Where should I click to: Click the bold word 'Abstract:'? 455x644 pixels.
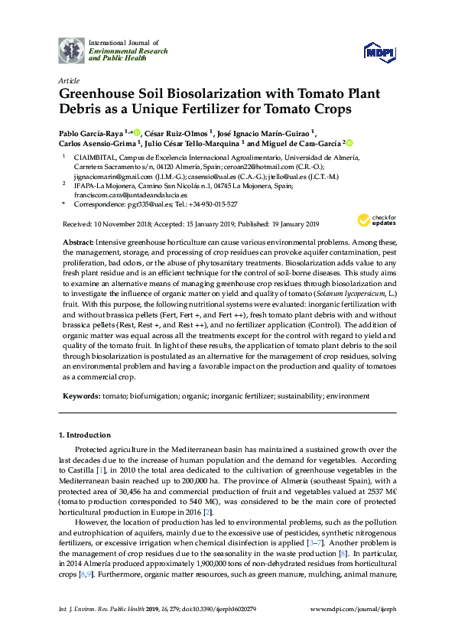click(78, 241)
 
